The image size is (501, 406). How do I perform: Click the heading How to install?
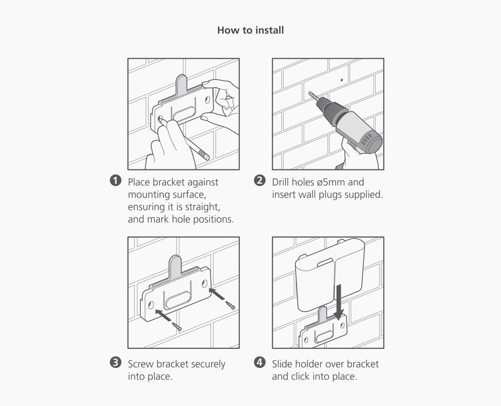(250, 30)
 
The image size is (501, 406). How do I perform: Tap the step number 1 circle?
(116, 181)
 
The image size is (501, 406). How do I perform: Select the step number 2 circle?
(260, 181)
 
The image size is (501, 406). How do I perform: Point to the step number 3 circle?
(116, 363)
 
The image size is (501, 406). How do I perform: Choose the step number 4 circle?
(260, 363)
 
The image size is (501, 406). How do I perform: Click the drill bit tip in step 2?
(309, 93)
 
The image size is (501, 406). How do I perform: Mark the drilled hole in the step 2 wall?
(342, 80)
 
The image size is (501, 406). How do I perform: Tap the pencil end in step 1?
(207, 157)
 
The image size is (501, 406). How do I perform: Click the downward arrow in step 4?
(339, 302)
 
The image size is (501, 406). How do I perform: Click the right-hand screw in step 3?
(230, 305)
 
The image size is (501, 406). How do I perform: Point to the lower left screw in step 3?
(177, 327)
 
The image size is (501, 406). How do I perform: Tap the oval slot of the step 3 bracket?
(178, 300)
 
